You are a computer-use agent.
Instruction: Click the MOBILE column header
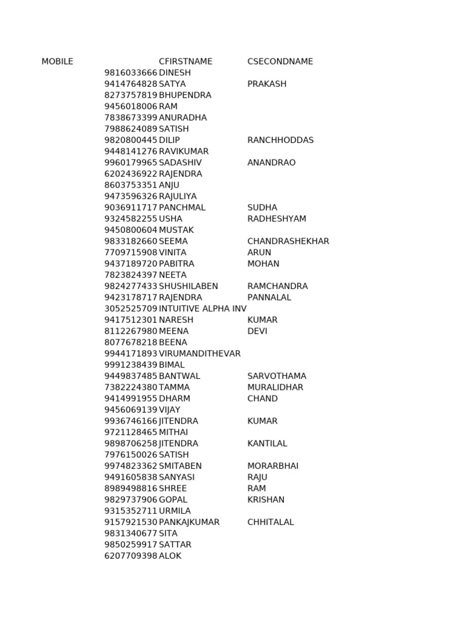pos(57,62)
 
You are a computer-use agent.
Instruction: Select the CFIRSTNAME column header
pos(185,62)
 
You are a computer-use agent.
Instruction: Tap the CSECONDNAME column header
pos(280,62)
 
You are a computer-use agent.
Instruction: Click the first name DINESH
pos(175,73)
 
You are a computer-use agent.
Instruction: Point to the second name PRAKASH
pos(267,84)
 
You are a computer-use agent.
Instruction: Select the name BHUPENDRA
pos(185,95)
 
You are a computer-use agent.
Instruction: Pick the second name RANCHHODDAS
pos(280,140)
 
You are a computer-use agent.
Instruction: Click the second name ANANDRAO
pos(271,163)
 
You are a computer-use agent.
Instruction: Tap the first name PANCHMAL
pos(182,208)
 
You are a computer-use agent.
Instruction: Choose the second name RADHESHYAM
pos(277,219)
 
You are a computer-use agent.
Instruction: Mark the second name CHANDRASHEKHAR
pos(288,241)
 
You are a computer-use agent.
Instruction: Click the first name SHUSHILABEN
pos(188,286)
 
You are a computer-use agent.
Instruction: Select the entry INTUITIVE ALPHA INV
pos(202,309)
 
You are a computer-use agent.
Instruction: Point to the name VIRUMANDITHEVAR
pos(199,354)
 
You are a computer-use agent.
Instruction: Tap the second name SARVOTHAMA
pos(277,376)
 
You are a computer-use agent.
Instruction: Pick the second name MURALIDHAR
pos(275,387)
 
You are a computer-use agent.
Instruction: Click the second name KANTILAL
pos(267,444)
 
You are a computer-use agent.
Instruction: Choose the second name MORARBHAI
pos(273,466)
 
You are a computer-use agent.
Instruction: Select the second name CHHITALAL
pos(271,522)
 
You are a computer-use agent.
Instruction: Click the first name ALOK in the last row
pos(170,556)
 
